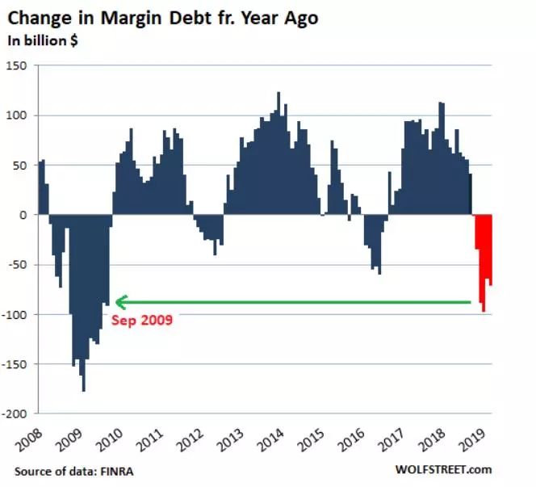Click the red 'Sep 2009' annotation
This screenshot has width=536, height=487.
(142, 320)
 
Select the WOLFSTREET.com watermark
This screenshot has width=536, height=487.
(443, 470)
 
